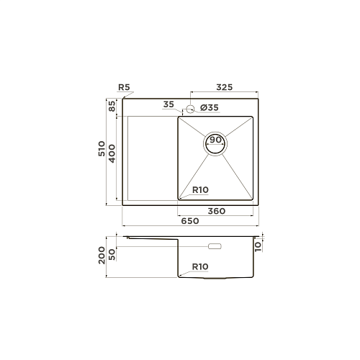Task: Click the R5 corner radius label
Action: (x=124, y=87)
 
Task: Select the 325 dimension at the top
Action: (x=225, y=87)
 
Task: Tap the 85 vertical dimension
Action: (x=112, y=106)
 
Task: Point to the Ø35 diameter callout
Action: (x=210, y=108)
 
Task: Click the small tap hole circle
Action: (x=190, y=109)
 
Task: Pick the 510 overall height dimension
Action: (x=102, y=149)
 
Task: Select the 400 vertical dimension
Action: (x=112, y=153)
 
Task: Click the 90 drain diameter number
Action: (x=215, y=140)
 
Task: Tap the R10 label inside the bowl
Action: (x=200, y=190)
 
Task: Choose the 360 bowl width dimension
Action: (x=217, y=211)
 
